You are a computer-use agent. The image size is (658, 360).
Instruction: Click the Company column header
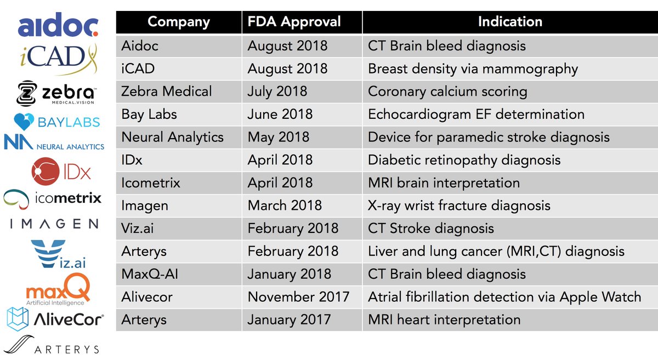pos(179,22)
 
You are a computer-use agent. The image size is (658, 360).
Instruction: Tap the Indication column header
pos(510,22)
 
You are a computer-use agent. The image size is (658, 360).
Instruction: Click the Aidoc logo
pos(58,25)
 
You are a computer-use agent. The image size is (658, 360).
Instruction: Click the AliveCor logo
pos(55,318)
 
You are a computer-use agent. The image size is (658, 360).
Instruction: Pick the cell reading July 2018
pos(276,92)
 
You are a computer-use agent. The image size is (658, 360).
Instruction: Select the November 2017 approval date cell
pos(298,296)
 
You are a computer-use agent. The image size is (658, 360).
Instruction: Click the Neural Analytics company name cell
pos(172,137)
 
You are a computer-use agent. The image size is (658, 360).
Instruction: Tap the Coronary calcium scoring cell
pos(447,92)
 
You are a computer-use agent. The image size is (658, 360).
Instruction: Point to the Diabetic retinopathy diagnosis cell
pos(464,160)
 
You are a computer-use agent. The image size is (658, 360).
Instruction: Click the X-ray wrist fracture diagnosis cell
pos(459,205)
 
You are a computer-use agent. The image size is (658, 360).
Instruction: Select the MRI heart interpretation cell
pos(444,319)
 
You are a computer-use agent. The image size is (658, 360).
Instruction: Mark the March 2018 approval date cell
pos(285,205)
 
